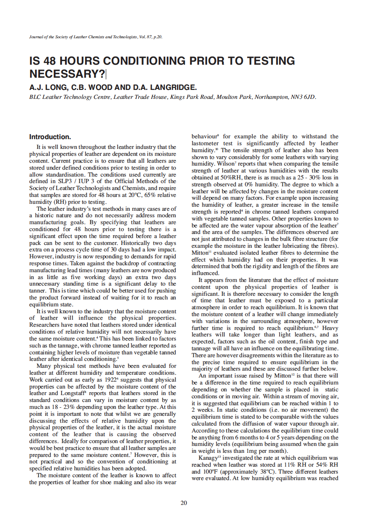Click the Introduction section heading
click(50, 137)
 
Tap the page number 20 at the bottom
click(183, 503)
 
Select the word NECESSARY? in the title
click(67, 74)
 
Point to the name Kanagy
click(208, 458)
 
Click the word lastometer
click(206, 143)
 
